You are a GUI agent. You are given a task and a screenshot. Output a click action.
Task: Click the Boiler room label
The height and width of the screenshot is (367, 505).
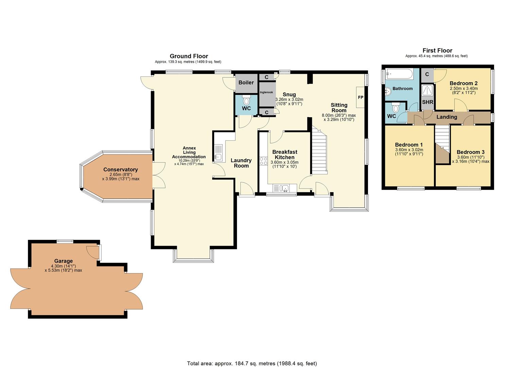point(246,83)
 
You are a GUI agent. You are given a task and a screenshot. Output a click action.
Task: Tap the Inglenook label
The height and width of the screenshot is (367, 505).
point(266,92)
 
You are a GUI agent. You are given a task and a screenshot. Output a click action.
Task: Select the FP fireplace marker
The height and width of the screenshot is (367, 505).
point(360,97)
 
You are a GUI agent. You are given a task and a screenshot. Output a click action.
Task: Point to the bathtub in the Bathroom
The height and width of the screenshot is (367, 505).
point(399,74)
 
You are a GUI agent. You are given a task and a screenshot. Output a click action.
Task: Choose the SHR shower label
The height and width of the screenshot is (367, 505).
point(427,102)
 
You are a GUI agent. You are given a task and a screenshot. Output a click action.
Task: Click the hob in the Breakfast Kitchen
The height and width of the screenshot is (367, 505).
point(264,161)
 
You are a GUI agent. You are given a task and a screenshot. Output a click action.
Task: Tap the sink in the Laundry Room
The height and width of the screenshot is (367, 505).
point(218,153)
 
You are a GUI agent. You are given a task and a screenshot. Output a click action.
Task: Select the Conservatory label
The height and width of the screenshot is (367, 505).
point(121,170)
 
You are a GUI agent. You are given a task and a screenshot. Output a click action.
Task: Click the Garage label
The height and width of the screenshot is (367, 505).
point(63,261)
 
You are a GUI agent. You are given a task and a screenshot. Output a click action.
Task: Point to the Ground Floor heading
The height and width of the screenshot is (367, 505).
point(189,56)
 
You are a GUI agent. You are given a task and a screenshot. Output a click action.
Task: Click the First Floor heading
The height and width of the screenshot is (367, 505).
point(437,51)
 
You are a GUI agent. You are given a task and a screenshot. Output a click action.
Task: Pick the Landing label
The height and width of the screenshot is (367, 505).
point(447,117)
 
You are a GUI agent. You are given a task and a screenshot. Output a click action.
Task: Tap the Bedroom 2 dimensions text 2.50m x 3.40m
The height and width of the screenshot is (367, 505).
point(464,89)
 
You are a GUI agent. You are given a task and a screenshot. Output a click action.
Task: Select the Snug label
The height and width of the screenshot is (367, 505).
point(289,94)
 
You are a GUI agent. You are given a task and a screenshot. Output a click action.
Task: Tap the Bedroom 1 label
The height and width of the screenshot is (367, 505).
point(409,145)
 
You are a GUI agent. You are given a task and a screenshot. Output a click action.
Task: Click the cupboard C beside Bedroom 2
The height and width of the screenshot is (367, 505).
point(427,74)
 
